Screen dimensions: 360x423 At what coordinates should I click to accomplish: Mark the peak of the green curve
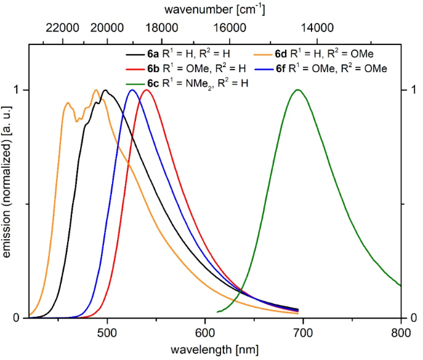(x=298, y=90)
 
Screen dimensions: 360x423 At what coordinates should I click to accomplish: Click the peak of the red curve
(x=147, y=90)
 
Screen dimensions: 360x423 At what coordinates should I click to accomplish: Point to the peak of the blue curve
(x=132, y=90)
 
